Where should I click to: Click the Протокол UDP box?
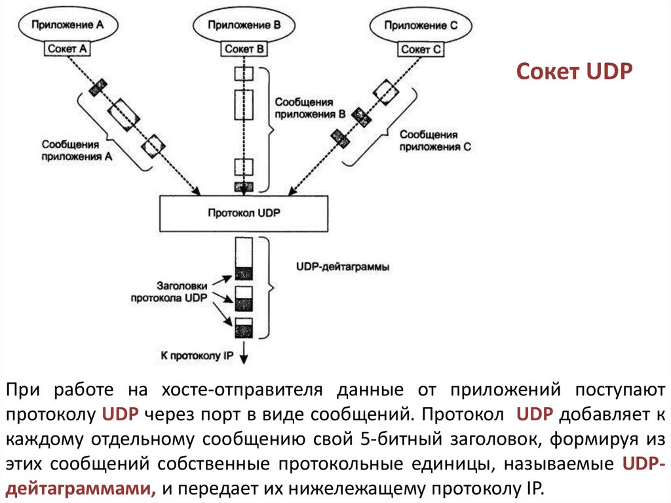[x=244, y=213]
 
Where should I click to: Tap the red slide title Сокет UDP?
[x=573, y=71]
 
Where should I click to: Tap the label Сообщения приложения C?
[x=434, y=140]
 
